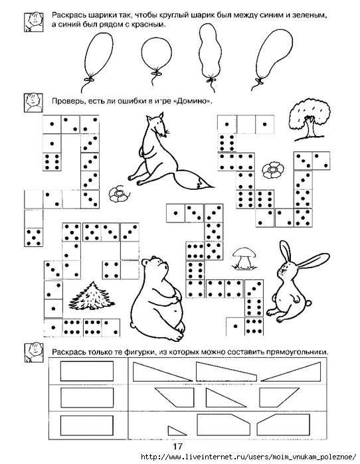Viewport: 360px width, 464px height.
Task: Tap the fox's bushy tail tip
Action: point(212,187)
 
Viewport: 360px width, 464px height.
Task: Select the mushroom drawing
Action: point(245,258)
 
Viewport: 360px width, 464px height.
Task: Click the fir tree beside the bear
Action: point(92,296)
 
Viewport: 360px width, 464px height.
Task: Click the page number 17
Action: point(178,447)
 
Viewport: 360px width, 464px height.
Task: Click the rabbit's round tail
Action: point(308,303)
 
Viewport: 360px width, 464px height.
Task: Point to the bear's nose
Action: point(166,266)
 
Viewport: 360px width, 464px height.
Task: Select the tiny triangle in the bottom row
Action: point(176,431)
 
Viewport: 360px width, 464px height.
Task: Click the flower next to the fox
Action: point(118,194)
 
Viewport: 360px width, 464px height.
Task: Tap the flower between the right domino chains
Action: point(272,170)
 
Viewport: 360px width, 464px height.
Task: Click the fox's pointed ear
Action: point(161,116)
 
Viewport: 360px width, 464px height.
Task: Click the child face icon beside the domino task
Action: point(33,102)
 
